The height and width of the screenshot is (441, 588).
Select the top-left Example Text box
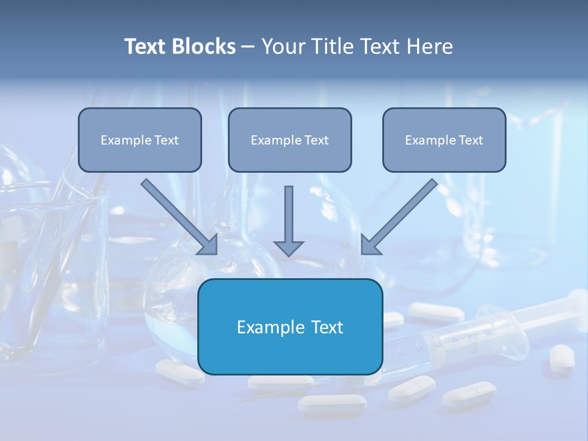[x=140, y=140]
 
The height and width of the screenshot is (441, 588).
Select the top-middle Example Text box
[x=290, y=140]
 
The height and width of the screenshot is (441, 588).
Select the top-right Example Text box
[x=444, y=140]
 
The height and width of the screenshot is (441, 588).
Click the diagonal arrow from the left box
[x=178, y=216]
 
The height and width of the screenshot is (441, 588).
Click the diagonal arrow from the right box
[x=401, y=216]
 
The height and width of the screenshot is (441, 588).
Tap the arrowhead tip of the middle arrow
[x=288, y=254]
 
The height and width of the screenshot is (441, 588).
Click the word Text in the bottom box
[x=323, y=327]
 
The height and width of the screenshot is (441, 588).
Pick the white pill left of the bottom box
[x=179, y=371]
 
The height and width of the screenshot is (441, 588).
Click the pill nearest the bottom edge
[x=331, y=402]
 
